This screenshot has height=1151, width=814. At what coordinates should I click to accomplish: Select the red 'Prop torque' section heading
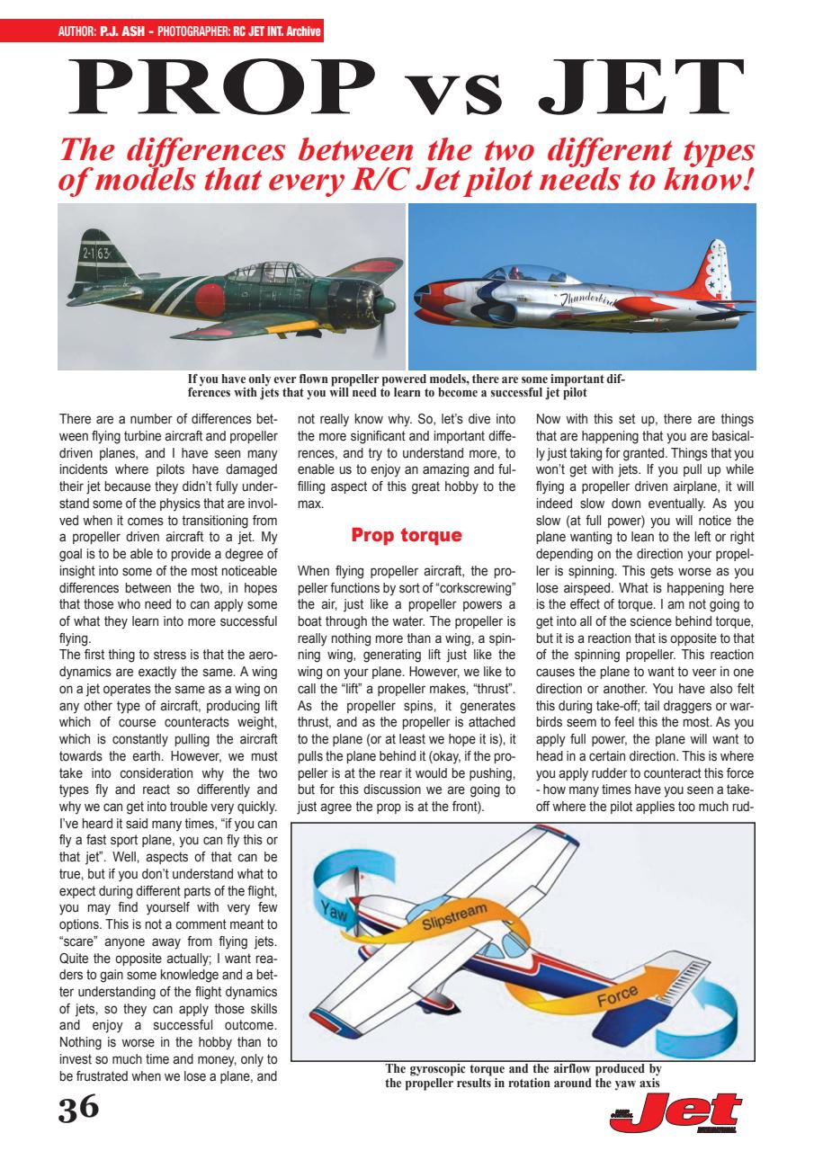click(407, 536)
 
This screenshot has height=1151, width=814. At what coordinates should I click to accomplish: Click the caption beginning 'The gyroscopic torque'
click(523, 1075)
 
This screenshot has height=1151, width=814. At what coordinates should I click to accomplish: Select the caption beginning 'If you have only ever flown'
click(407, 385)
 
